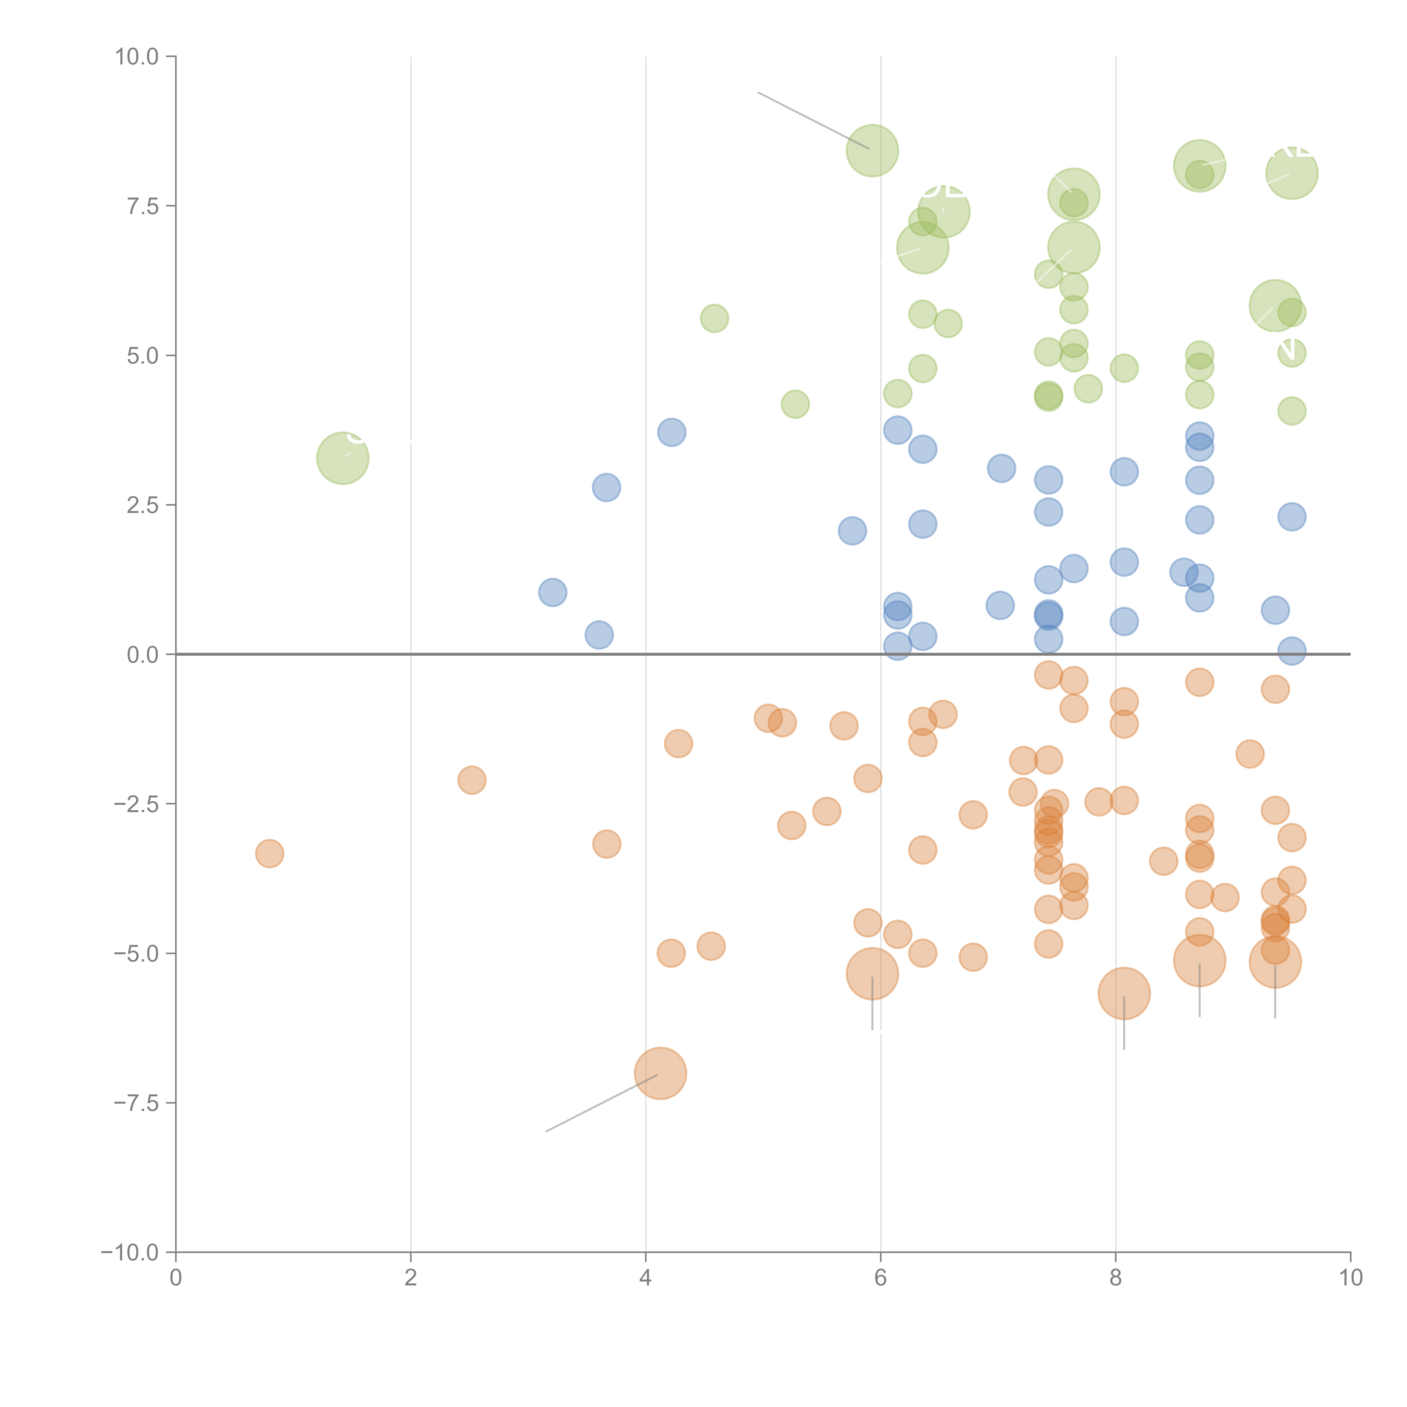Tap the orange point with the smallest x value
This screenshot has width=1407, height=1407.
[270, 853]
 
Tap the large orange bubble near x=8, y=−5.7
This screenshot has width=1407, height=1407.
[1124, 993]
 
